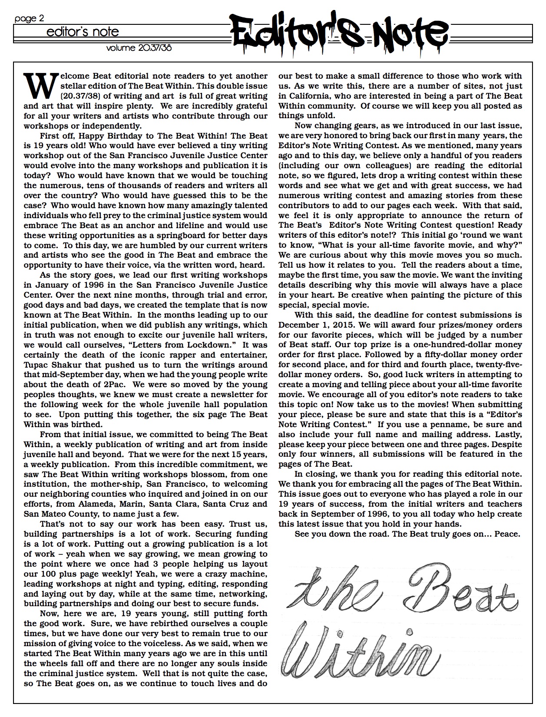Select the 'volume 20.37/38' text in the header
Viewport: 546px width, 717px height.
coord(139,48)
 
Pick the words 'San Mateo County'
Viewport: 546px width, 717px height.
coord(56,514)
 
